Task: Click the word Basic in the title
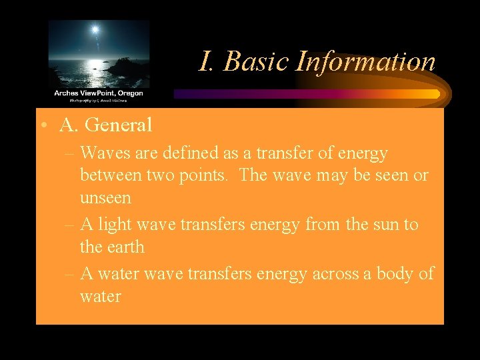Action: [256, 62]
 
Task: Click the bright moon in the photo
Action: [95, 30]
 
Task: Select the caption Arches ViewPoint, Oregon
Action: [99, 93]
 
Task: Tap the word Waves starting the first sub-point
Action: [103, 153]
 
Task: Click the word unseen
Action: [105, 198]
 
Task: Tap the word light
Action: [115, 225]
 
